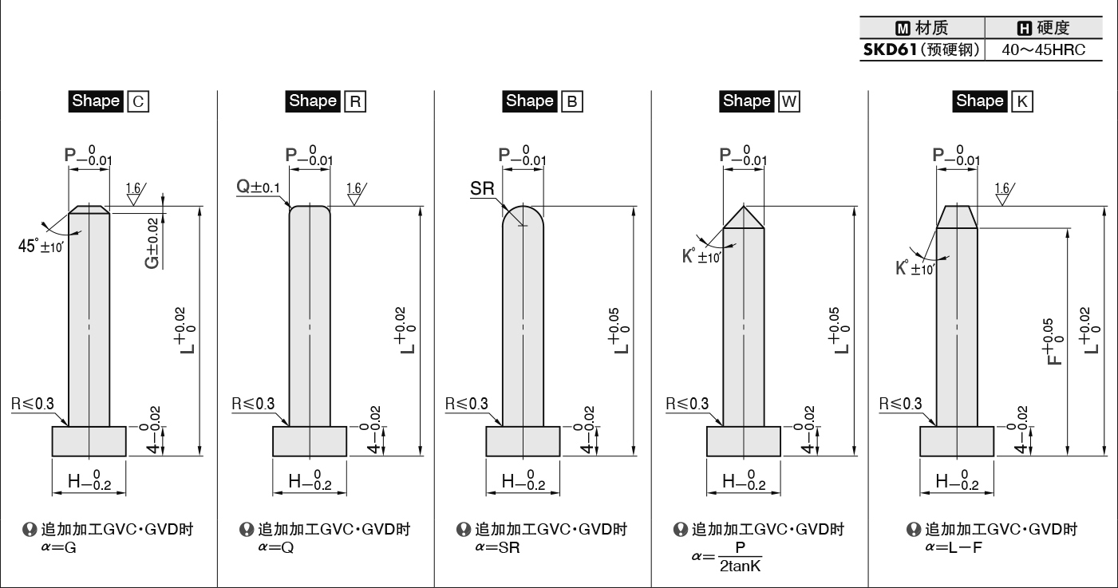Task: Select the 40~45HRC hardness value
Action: point(1044,50)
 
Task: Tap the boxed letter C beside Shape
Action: point(138,101)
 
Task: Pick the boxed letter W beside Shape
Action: point(789,101)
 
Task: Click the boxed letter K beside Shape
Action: point(1022,101)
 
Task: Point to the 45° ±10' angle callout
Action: point(41,246)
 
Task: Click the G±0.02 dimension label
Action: point(152,243)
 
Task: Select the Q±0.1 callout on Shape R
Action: point(258,187)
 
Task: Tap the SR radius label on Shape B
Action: point(482,188)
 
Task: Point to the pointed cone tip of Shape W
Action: point(744,207)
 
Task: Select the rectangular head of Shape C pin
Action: point(89,441)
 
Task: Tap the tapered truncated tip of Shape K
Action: point(957,217)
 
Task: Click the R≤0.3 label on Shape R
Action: point(253,404)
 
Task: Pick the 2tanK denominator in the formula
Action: point(741,566)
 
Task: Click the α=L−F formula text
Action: point(954,547)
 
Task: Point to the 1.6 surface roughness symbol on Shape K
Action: point(1004,194)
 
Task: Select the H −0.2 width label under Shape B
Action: point(523,480)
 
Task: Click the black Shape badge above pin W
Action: point(747,101)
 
